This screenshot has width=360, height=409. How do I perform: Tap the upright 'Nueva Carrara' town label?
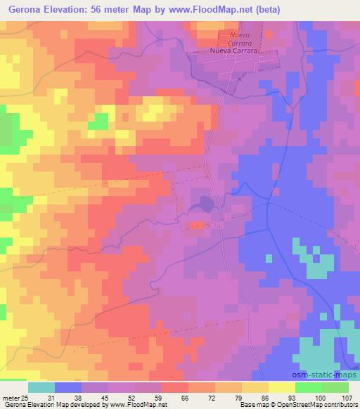(x=235, y=51)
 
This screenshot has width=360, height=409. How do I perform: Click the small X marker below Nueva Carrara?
(x=239, y=79)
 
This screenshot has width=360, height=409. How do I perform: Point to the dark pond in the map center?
(x=205, y=204)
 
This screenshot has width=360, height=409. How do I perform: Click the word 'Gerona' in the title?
(x=25, y=10)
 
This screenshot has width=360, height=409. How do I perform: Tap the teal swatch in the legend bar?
(x=41, y=387)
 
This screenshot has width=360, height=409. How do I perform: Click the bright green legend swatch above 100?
(x=308, y=387)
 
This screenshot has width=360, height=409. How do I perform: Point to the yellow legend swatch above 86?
(x=255, y=387)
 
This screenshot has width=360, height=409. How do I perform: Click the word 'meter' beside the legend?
(x=9, y=398)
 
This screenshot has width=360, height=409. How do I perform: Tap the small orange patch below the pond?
(x=198, y=226)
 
